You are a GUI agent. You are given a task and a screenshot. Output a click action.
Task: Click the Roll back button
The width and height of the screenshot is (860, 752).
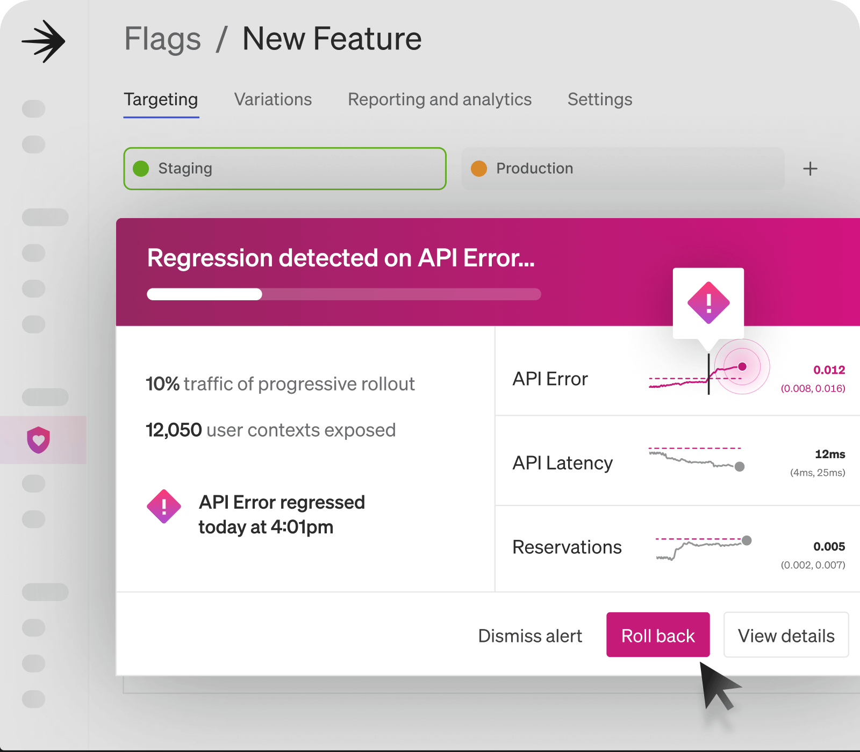tap(658, 635)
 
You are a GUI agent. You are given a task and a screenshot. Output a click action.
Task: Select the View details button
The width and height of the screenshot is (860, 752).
tap(786, 635)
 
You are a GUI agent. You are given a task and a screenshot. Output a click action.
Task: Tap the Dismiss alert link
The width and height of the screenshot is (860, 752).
tap(530, 636)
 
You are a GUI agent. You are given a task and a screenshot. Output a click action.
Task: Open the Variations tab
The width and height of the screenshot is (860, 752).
tap(273, 99)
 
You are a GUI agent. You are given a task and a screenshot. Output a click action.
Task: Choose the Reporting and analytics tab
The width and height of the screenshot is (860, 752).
tap(440, 99)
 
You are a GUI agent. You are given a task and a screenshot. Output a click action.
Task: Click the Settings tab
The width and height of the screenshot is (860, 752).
tap(600, 99)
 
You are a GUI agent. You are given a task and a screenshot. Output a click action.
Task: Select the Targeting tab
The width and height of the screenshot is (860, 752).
tap(161, 100)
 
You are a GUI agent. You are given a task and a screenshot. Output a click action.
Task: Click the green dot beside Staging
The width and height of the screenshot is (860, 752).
tap(141, 169)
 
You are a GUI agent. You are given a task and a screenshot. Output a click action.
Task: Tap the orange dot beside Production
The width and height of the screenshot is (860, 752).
tap(479, 169)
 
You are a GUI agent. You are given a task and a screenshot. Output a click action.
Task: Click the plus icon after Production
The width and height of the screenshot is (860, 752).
tap(810, 169)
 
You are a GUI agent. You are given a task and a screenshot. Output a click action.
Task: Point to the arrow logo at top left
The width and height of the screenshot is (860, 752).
tap(44, 41)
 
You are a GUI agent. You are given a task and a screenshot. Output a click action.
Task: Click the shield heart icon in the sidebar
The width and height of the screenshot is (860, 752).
tap(39, 440)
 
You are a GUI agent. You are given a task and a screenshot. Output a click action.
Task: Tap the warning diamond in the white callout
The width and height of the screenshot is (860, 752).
tap(708, 303)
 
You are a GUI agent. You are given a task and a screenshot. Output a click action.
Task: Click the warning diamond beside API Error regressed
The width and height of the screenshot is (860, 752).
tap(164, 507)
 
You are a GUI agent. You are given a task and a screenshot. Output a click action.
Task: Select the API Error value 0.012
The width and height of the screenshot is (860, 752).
tap(829, 370)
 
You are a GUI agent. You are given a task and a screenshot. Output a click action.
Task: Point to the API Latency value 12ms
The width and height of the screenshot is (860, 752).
tap(830, 454)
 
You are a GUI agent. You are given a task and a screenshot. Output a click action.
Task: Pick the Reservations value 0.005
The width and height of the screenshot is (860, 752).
tap(829, 547)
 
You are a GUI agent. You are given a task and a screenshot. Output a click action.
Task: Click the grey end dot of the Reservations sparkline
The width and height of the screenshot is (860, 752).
tap(747, 540)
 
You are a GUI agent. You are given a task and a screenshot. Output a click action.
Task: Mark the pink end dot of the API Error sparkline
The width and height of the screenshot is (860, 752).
tap(742, 367)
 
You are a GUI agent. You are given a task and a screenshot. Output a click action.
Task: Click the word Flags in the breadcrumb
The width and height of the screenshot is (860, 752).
tap(163, 39)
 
